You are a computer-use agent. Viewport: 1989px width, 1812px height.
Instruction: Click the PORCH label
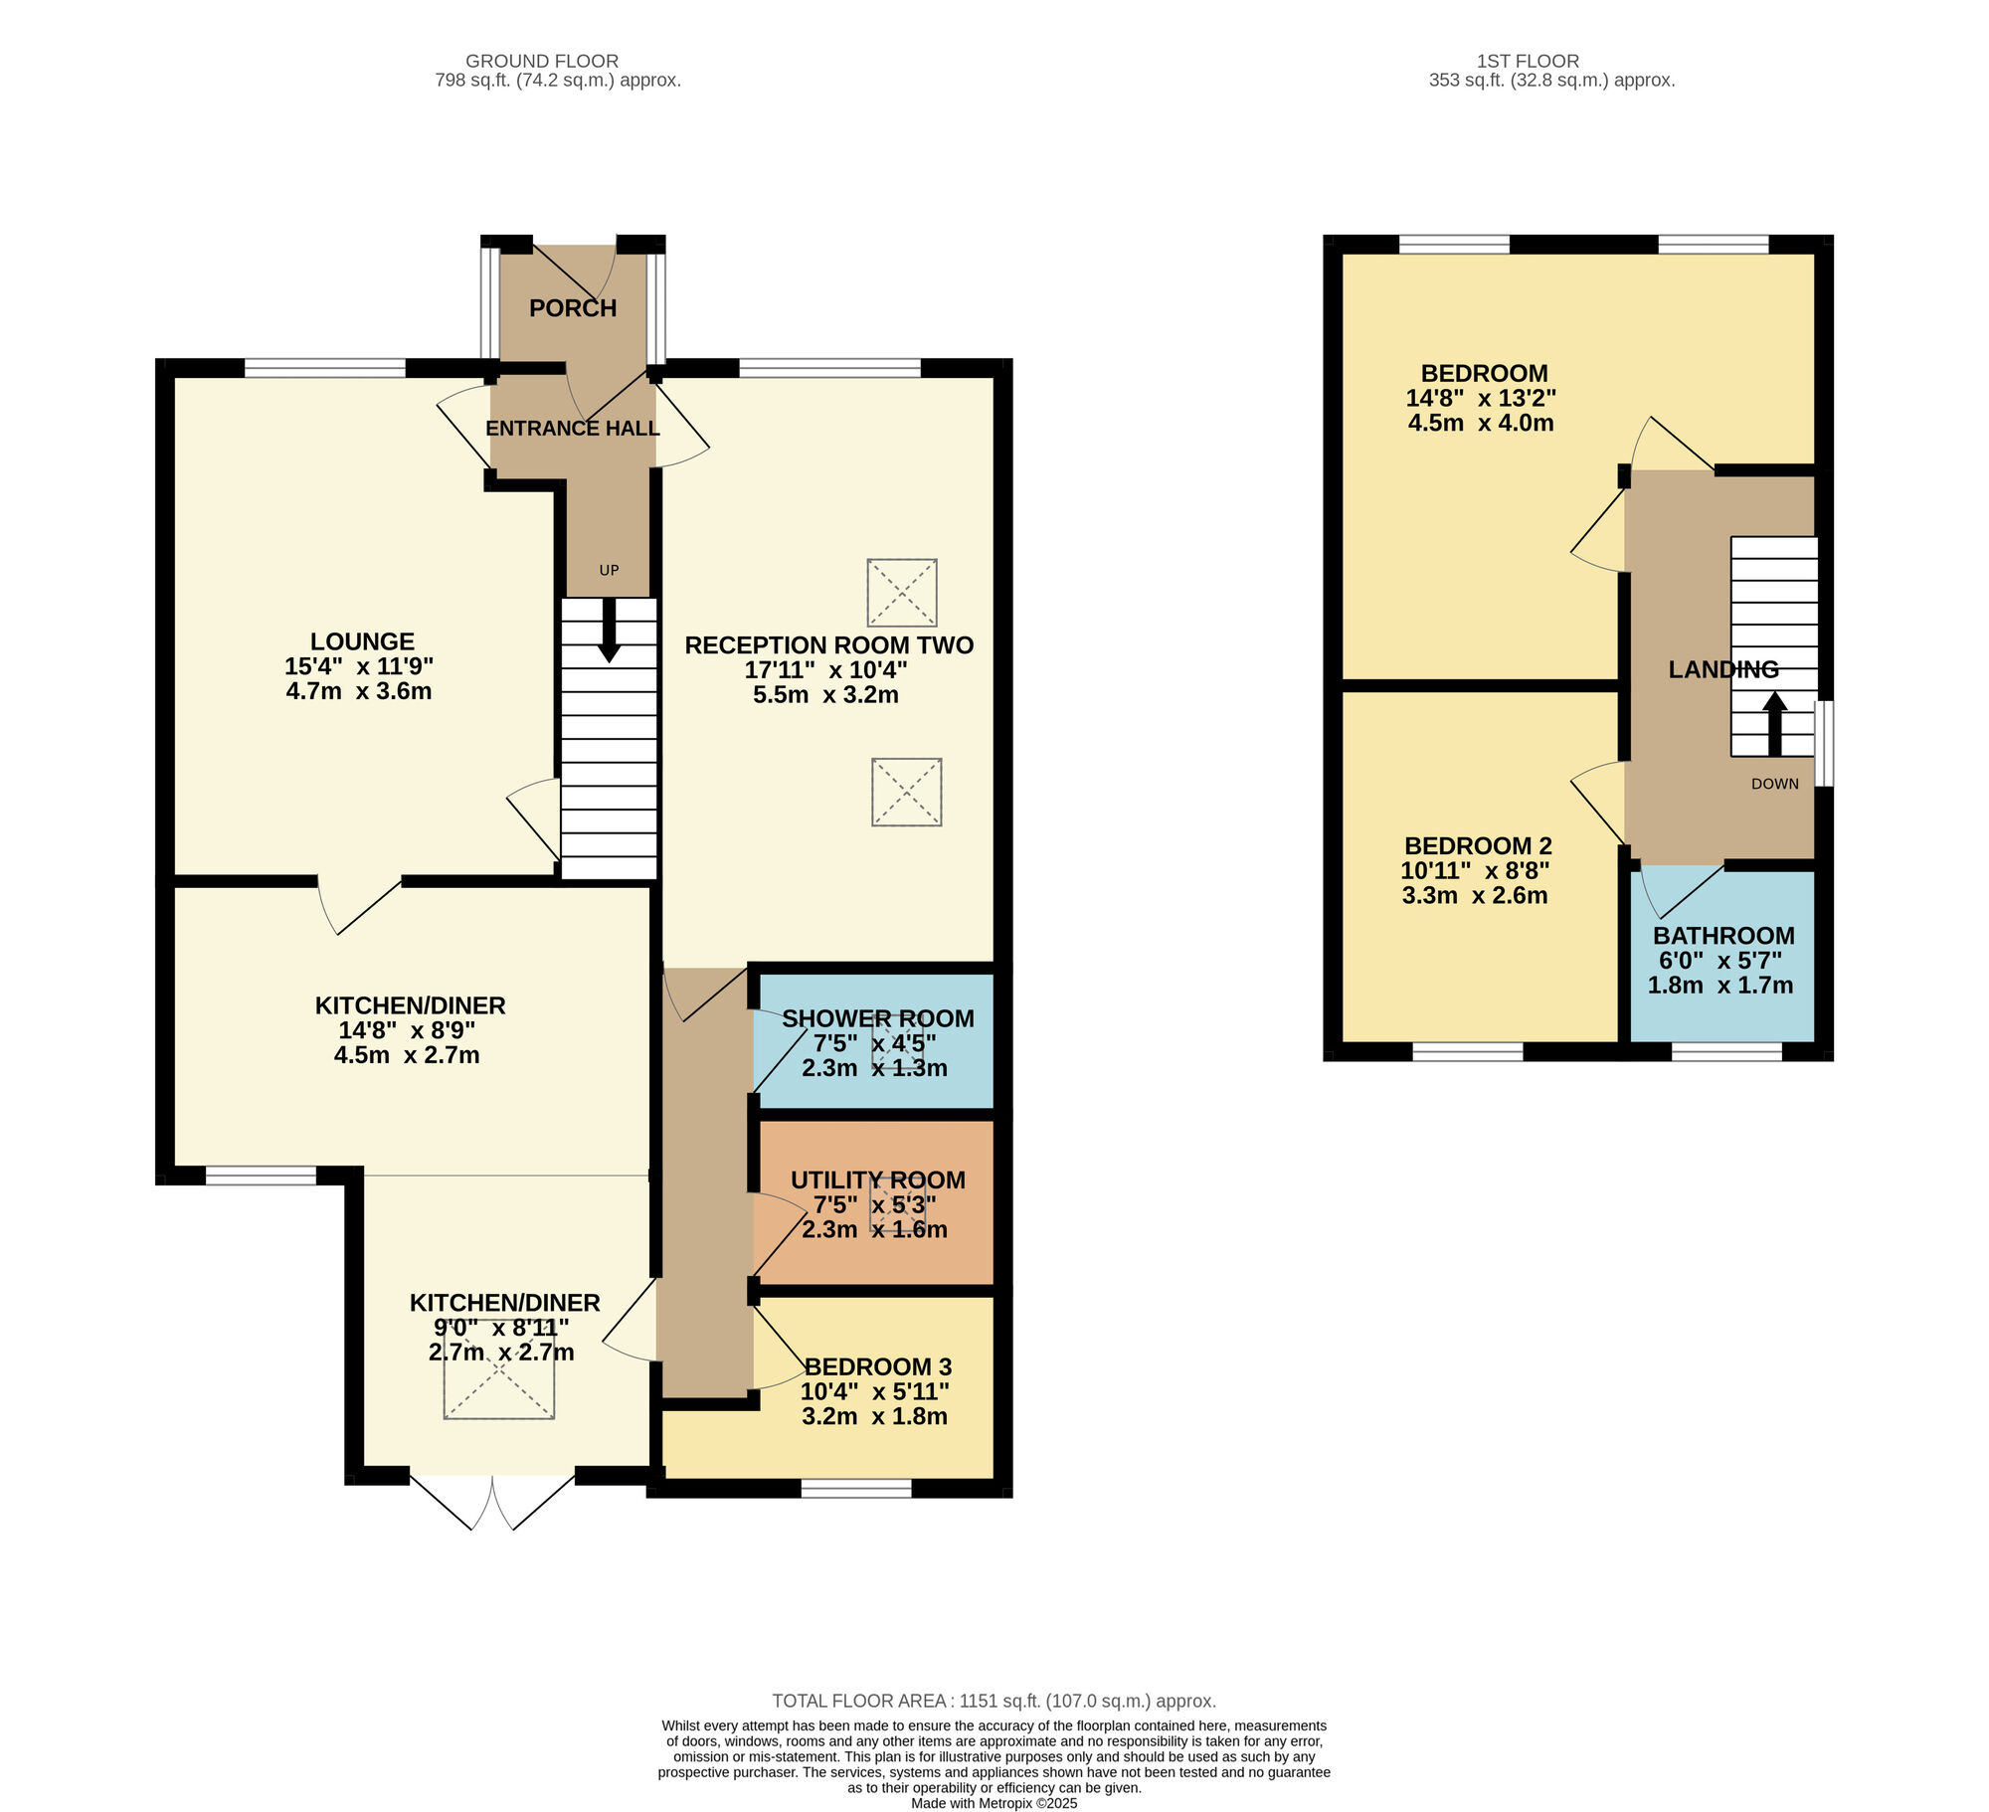[573, 308]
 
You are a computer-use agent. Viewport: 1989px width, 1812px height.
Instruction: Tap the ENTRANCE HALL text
[573, 429]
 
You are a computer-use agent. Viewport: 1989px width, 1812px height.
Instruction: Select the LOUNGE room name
[362, 641]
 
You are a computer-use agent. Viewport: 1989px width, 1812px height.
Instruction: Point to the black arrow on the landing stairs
[1774, 724]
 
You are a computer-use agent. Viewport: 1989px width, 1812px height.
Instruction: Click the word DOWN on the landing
[1775, 784]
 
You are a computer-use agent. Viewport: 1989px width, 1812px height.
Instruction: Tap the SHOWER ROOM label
[877, 1018]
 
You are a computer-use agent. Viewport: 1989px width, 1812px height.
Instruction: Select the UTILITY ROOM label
[877, 1179]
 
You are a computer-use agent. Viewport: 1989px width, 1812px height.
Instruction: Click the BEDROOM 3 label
[877, 1366]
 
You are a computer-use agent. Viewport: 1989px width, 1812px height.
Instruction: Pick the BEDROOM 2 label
[1478, 846]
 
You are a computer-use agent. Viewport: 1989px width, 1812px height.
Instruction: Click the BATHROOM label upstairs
[1723, 936]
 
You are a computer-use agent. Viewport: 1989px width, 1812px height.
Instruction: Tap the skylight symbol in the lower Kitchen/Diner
[499, 1367]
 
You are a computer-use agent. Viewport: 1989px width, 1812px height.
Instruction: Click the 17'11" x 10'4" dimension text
[825, 670]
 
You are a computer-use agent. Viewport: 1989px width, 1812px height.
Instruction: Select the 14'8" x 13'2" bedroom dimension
[1481, 398]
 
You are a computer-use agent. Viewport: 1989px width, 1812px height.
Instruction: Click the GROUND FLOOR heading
[542, 62]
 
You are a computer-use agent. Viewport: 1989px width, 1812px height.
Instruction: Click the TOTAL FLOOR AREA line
[994, 1702]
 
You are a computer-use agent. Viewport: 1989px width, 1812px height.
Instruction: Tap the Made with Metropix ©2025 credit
[994, 1803]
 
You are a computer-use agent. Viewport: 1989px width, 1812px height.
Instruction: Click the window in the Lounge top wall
[325, 368]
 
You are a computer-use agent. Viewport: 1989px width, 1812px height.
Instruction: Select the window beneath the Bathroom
[1726, 1052]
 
